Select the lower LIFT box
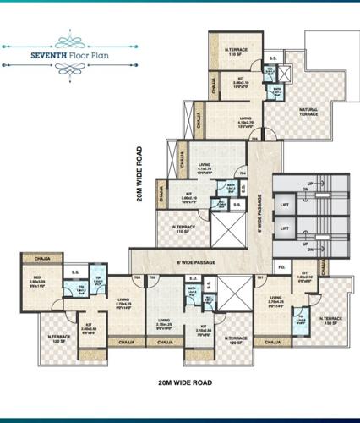tap(286, 228)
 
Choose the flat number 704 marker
tap(243, 174)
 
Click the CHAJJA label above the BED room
tap(38, 258)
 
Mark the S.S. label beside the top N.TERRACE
tap(272, 58)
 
